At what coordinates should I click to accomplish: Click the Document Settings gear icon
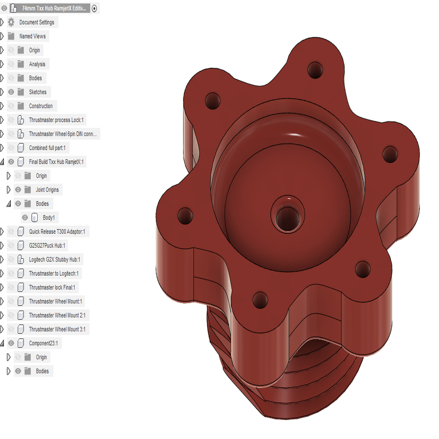point(11,22)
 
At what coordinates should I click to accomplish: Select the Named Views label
point(32,36)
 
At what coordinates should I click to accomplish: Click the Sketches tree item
point(38,92)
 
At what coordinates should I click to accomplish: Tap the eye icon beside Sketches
point(11,92)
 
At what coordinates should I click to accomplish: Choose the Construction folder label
point(41,106)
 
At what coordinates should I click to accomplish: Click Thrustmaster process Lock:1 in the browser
point(56,120)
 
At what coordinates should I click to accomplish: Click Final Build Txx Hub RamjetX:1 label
point(56,162)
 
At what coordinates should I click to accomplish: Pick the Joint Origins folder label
point(47,190)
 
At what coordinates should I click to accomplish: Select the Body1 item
point(48,218)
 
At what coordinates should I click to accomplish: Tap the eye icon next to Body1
point(25,218)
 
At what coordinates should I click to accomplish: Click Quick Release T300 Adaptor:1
point(57,232)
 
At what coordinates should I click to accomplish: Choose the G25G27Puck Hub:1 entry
point(47,246)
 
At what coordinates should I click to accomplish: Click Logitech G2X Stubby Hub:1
point(54,259)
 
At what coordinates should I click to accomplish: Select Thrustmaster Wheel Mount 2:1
point(57,315)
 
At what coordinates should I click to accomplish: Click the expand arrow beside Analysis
point(2,64)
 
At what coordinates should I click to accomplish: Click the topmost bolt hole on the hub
point(316,69)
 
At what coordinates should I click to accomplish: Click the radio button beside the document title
point(94,8)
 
